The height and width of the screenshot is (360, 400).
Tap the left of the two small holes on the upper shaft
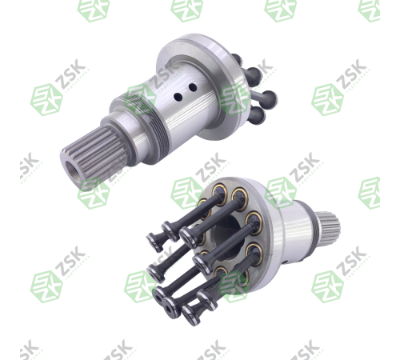[178, 97]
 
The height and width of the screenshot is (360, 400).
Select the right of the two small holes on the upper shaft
[192, 87]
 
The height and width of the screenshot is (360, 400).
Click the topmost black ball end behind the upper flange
[237, 58]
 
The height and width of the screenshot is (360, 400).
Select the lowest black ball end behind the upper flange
[258, 115]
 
